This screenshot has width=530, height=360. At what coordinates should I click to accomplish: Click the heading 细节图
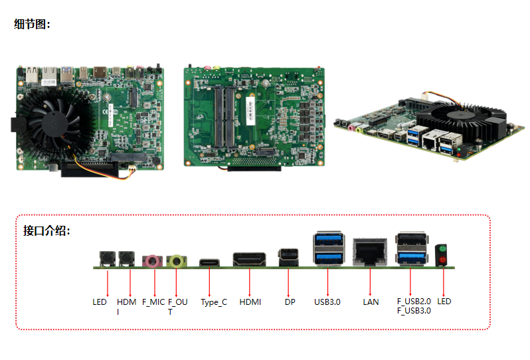coord(31,25)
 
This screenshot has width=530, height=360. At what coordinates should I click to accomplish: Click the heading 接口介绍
coord(46,231)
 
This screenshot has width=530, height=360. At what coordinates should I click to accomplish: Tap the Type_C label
coord(214,302)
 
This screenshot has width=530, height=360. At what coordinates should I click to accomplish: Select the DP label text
coord(290,302)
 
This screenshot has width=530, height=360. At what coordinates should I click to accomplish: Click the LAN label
coord(371,302)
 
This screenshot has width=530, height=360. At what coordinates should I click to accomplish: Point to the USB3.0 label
coord(327,302)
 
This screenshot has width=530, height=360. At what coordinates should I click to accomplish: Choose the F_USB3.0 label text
coord(414,310)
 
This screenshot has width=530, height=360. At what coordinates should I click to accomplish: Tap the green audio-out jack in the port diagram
coord(176,260)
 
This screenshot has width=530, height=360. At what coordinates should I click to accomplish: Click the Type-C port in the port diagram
coord(210,262)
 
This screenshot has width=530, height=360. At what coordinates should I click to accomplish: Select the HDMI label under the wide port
coord(250,302)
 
